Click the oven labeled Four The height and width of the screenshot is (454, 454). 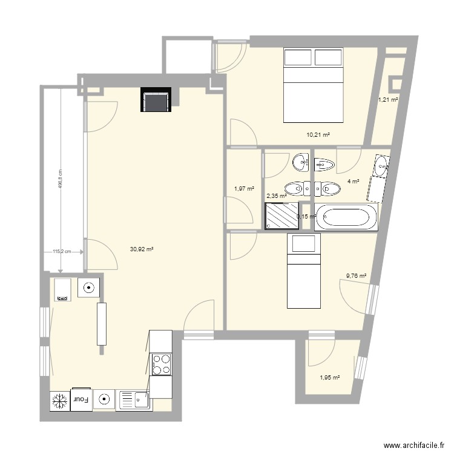pos(81,399)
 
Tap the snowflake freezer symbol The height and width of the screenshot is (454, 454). pos(59,400)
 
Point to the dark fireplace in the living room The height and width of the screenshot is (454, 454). pos(156,100)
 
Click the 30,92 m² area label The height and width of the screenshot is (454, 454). pos(142,248)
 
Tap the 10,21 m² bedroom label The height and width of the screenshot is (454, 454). pos(318,135)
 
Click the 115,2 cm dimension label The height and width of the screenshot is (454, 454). pos(62,252)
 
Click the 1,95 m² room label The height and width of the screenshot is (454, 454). pos(329,378)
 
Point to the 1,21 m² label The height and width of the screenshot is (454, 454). pos(388,100)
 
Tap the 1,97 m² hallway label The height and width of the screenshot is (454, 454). pos(244,189)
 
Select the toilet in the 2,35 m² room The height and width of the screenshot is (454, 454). pos(293,189)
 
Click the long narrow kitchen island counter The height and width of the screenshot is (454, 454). pos(100,323)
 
